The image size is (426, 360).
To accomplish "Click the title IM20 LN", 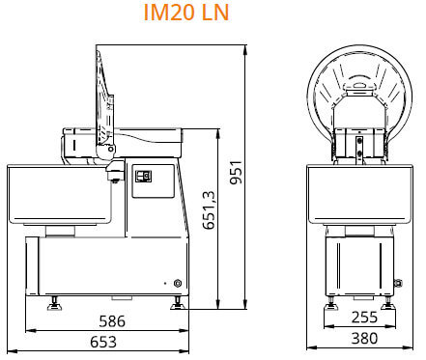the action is point(186,13).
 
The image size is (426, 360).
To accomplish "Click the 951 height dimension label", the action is point(236,172).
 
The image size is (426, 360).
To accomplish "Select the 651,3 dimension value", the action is point(209,210).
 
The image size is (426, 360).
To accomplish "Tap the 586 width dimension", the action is point(112,321).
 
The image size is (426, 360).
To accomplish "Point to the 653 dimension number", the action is point(103,342).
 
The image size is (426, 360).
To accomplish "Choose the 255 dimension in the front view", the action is point(364,318).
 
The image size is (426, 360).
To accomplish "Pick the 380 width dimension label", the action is point(364,339).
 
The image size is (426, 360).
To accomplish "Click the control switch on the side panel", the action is point(143,176).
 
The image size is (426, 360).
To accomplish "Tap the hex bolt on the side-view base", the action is point(178,283).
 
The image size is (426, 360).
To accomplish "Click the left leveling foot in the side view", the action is point(54,304).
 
